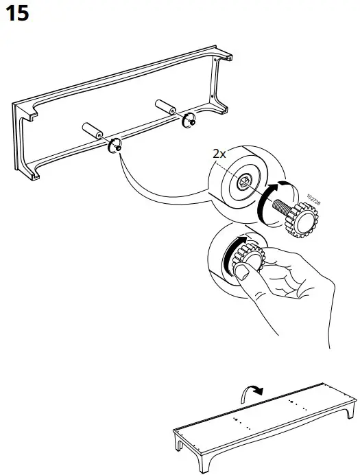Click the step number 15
coord(17,13)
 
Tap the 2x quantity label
coord(219,154)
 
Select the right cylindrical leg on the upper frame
coord(167,109)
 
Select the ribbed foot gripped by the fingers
coord(251,259)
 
